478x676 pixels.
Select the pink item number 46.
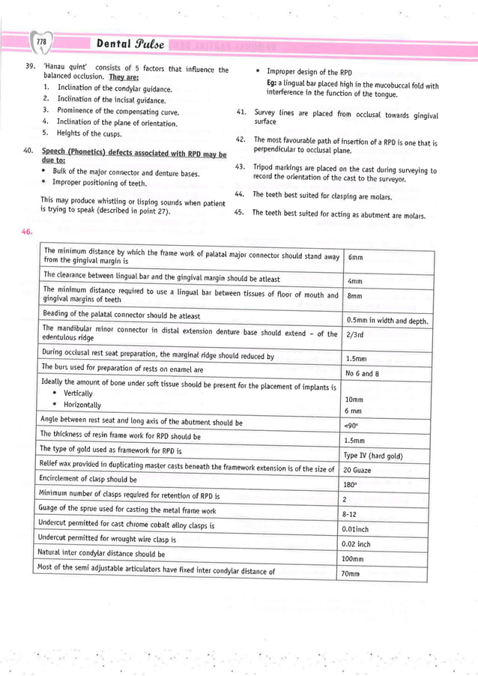[28, 232]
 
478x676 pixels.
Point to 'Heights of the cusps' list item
[88, 133]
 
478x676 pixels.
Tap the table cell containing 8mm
[355, 296]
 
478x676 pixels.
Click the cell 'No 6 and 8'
[362, 373]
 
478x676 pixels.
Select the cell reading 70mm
[352, 574]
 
